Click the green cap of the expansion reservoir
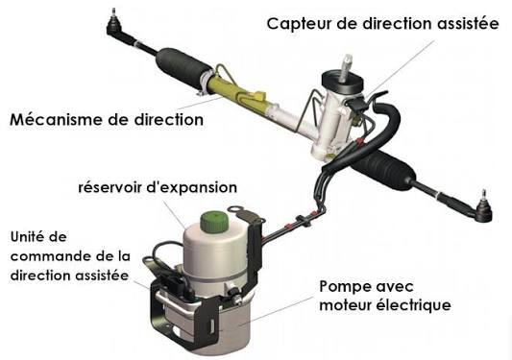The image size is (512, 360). tap(213, 222)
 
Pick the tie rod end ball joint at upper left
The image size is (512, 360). tap(115, 24)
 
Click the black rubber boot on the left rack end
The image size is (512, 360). tap(183, 68)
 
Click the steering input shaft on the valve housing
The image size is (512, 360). tap(346, 68)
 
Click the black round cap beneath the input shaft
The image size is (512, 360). tap(343, 83)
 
